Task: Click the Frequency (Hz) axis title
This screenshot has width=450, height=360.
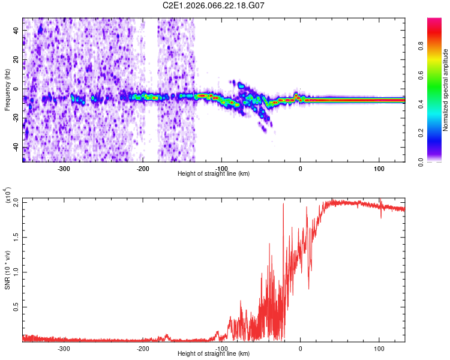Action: tap(7, 90)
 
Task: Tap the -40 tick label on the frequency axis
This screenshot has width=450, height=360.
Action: tap(14, 148)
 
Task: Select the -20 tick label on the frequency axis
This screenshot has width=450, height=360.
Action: tap(14, 118)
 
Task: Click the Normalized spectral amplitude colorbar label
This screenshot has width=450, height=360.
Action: tap(446, 90)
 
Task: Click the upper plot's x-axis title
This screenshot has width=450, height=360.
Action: tap(214, 174)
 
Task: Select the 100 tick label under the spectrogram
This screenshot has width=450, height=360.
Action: tap(379, 169)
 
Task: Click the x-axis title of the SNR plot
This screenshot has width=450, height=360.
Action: tap(214, 354)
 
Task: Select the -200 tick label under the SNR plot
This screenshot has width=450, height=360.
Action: tap(143, 348)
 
